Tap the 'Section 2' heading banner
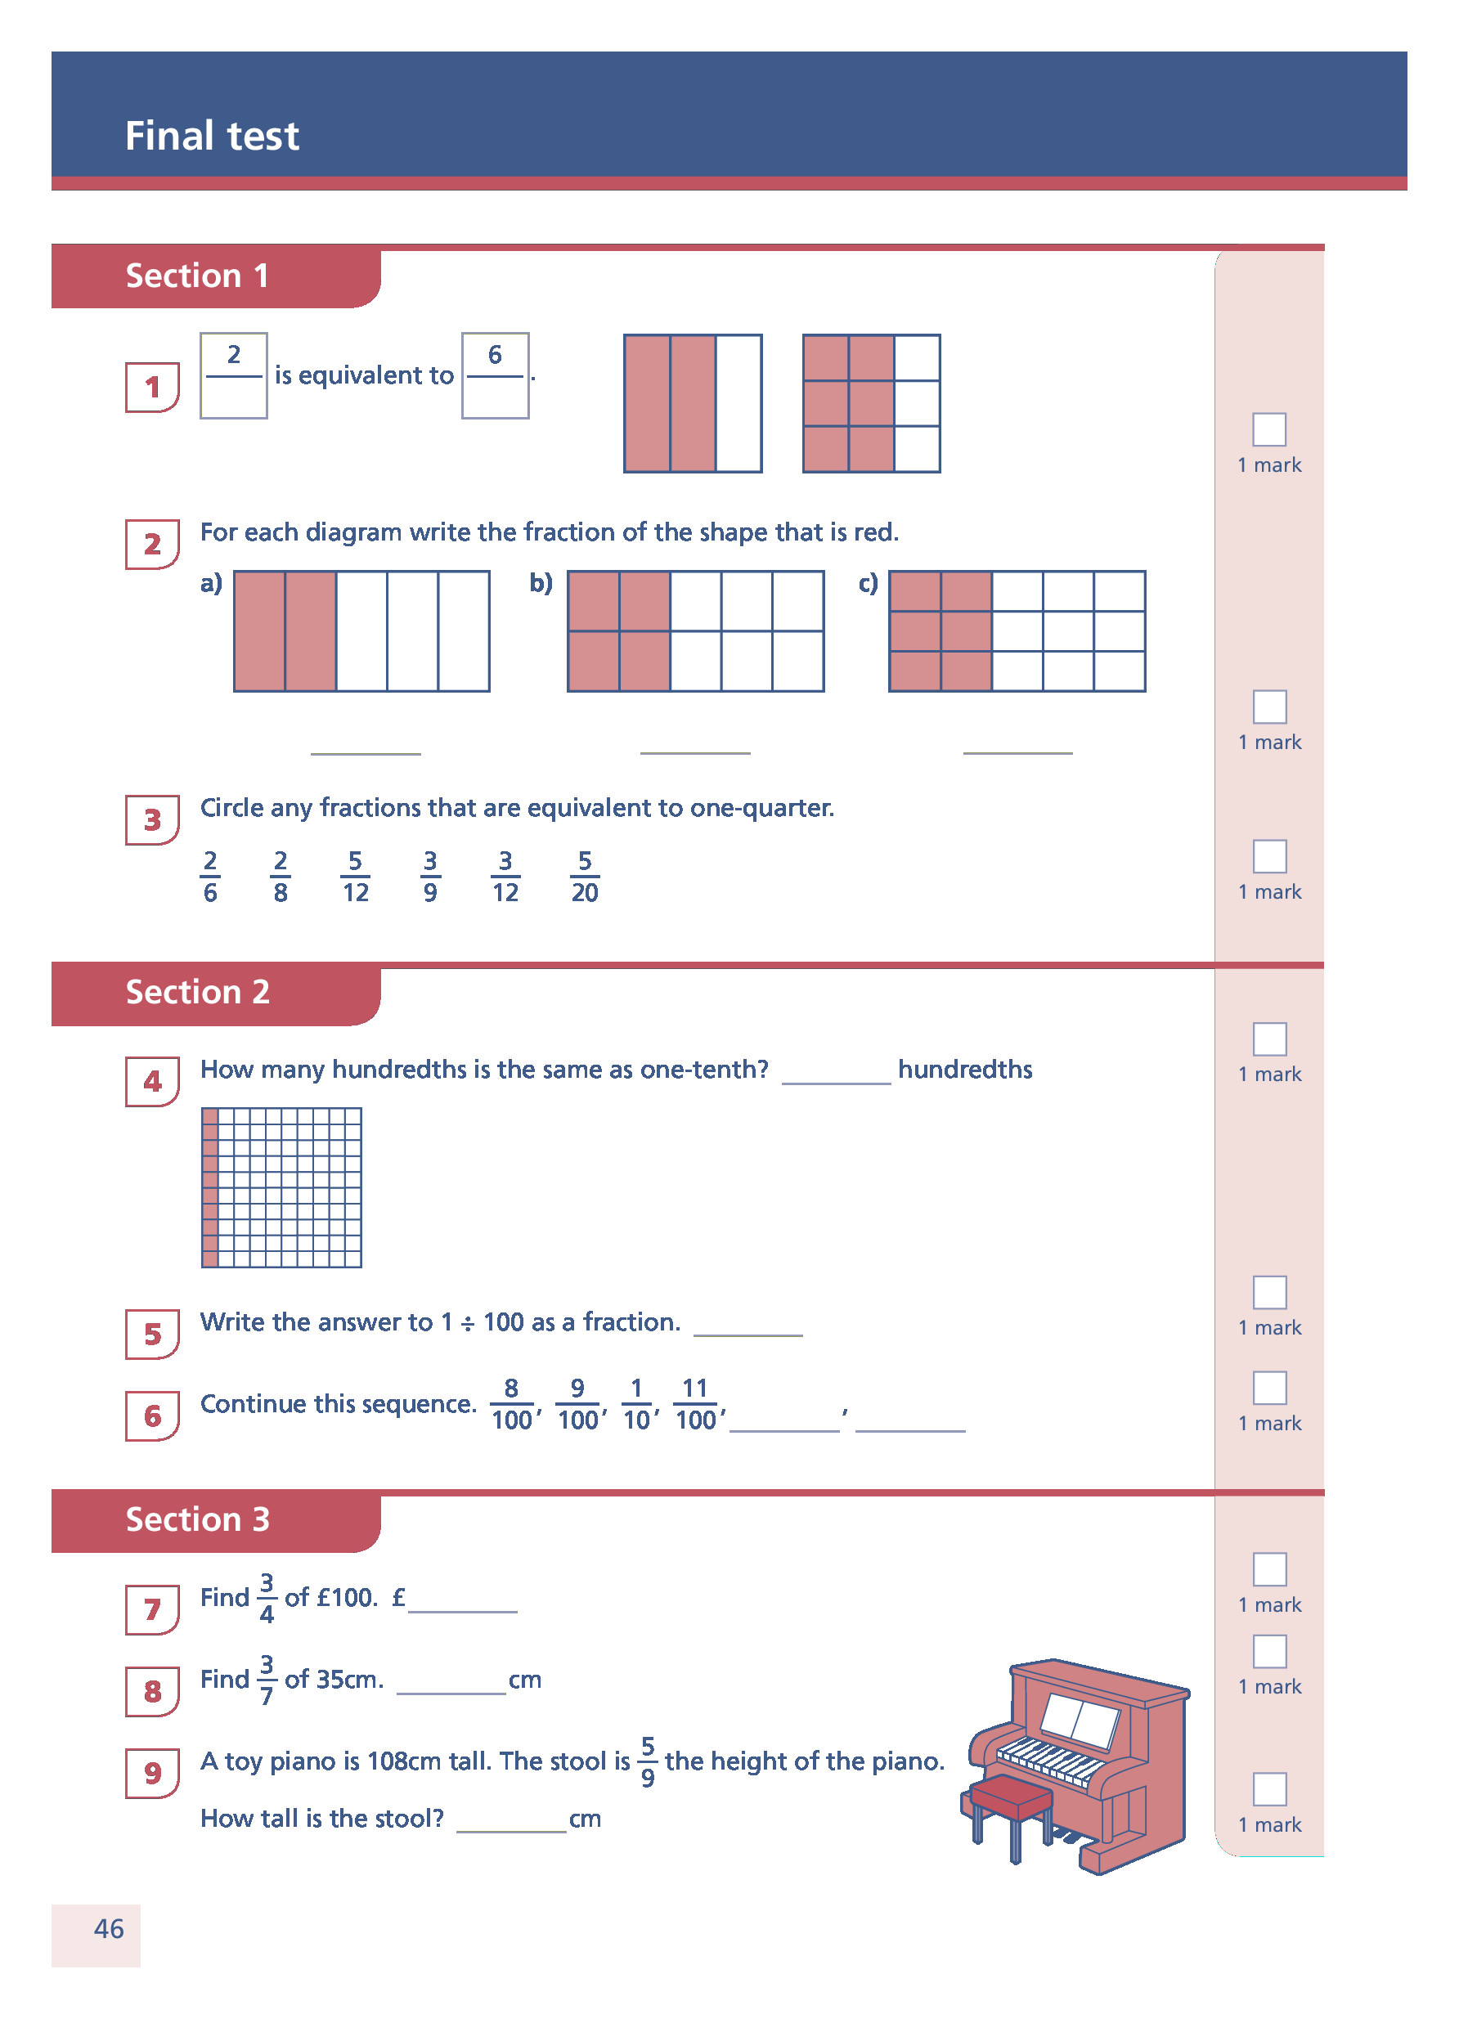(198, 992)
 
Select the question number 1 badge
(152, 388)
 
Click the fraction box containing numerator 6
(495, 375)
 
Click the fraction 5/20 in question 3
(584, 877)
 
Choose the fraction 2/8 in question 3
(281, 877)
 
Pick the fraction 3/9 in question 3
(430, 877)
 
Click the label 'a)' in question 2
(211, 583)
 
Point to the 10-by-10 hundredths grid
(281, 1187)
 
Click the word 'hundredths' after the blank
(965, 1069)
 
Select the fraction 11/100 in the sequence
(695, 1404)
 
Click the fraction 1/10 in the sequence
(636, 1404)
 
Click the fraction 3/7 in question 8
(266, 1679)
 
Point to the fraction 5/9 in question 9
(648, 1761)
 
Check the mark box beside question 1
(1268, 429)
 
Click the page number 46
(109, 1929)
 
